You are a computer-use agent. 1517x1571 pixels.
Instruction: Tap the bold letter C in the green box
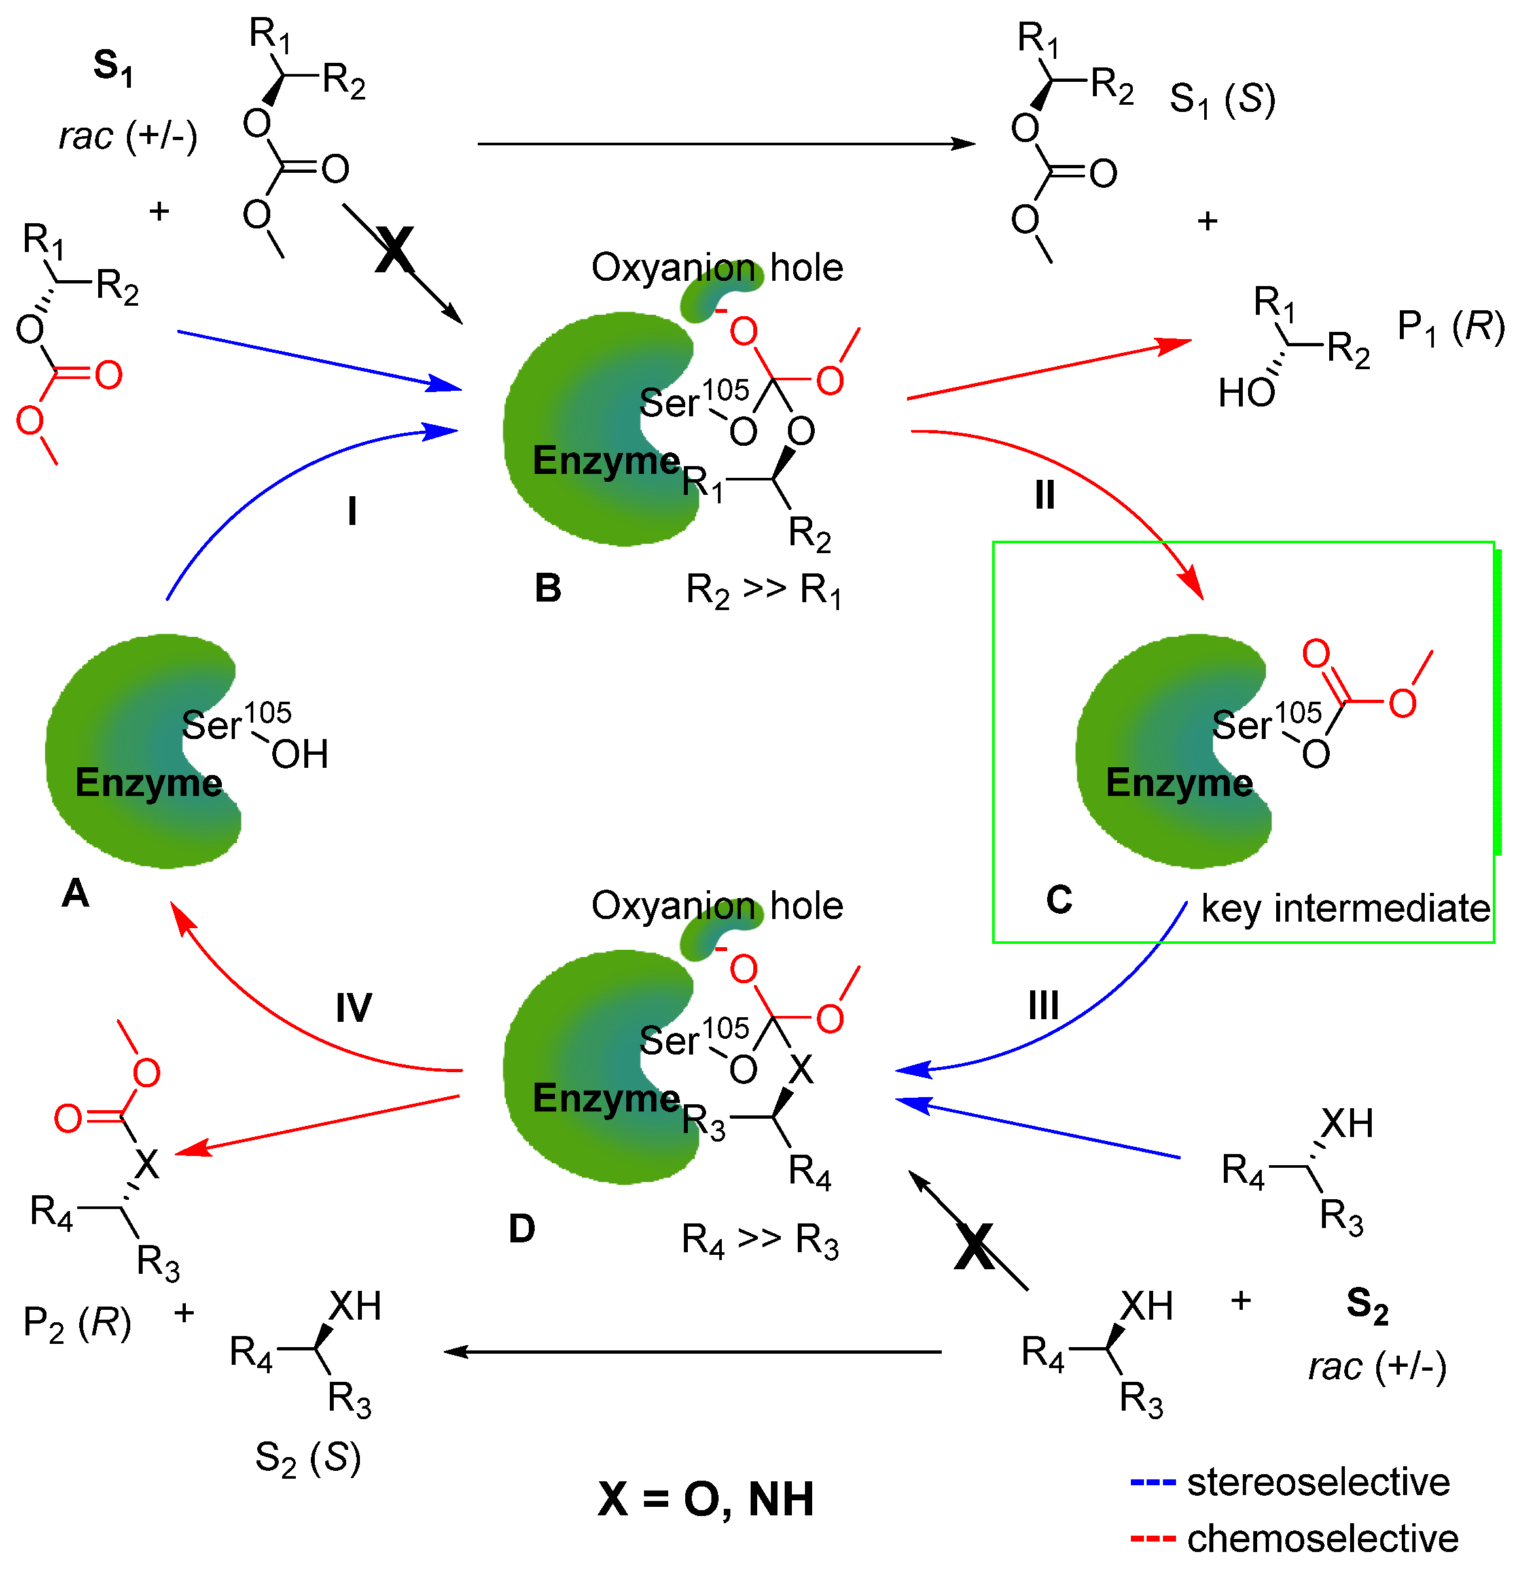1059,899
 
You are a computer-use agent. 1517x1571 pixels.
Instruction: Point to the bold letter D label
522,1229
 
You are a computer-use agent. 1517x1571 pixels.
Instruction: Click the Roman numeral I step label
352,511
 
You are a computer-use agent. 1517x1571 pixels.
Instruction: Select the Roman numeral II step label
1044,496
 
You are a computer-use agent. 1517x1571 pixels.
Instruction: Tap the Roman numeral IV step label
353,1007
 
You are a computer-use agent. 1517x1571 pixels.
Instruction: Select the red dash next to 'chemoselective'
1152,1540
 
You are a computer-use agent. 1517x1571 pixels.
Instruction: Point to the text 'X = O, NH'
705,1499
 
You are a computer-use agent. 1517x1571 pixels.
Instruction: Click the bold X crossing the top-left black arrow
394,250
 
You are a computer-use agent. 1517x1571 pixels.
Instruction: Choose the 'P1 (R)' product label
1450,327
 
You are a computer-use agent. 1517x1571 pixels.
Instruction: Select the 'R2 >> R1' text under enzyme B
763,590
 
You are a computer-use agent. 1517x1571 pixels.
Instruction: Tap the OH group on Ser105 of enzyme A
300,754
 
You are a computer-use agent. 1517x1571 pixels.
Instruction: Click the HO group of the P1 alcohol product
1246,393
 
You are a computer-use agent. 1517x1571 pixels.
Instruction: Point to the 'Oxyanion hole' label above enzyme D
717,906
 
